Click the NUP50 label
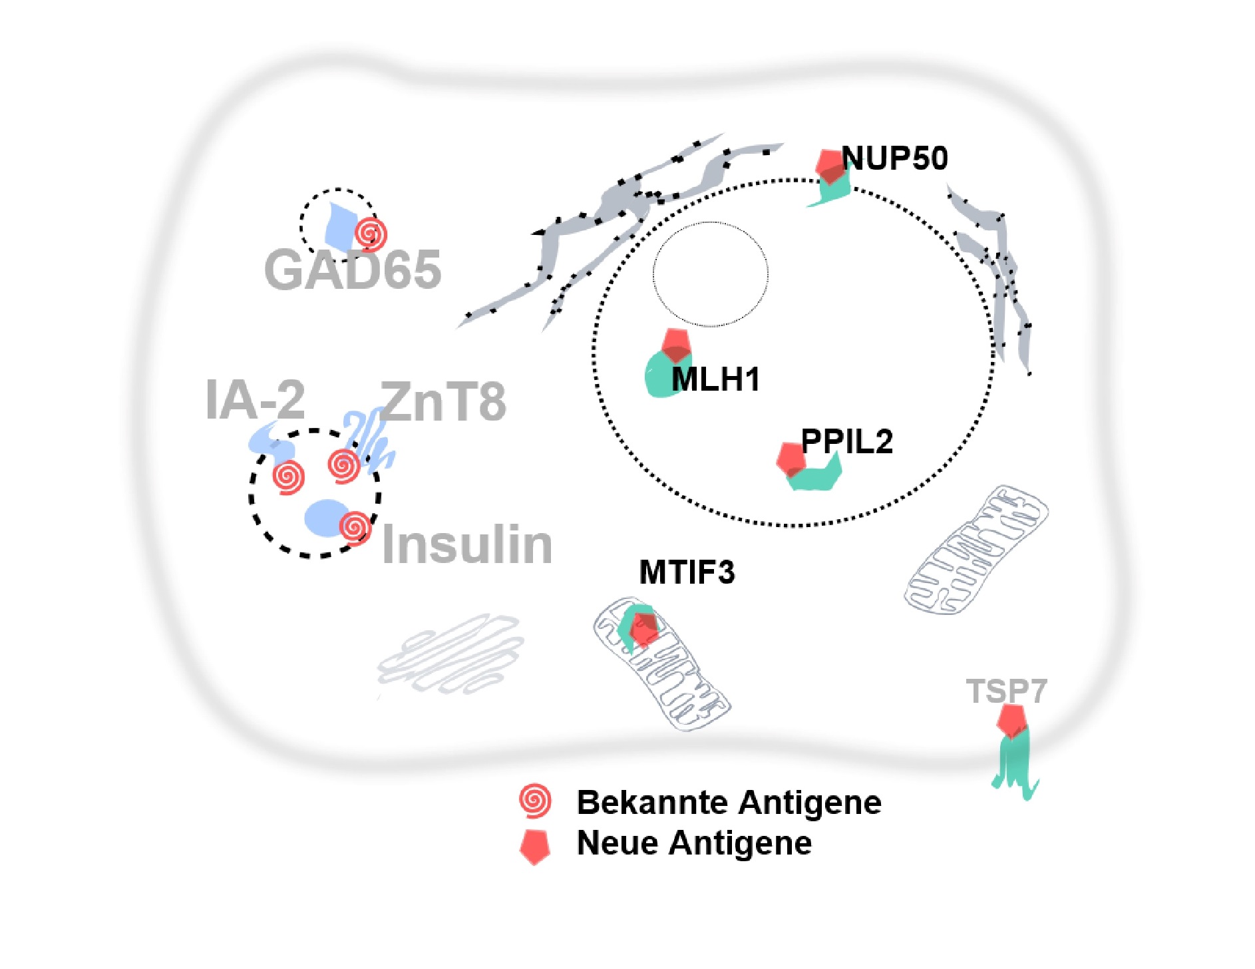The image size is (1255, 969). [x=894, y=158]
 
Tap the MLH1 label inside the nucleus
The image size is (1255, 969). [x=716, y=379]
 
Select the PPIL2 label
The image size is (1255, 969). [x=846, y=441]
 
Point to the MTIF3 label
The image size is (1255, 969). [x=687, y=572]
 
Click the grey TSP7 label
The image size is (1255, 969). [x=1006, y=691]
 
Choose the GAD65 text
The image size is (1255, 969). [x=353, y=270]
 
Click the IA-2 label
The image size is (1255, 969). [x=256, y=400]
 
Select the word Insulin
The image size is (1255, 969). [x=467, y=544]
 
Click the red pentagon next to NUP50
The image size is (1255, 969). [x=830, y=165]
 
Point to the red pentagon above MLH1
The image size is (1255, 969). [x=676, y=345]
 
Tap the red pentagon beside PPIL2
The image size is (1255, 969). [x=791, y=459]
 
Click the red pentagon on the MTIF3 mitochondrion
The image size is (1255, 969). [x=643, y=628]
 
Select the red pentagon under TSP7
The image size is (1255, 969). [x=1011, y=720]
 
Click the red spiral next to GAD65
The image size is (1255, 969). [x=371, y=234]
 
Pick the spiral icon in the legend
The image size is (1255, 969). [x=535, y=801]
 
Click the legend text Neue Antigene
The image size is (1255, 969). [x=694, y=843]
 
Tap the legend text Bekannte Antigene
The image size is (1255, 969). [x=729, y=802]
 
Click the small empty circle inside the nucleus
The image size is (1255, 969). [x=710, y=274]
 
